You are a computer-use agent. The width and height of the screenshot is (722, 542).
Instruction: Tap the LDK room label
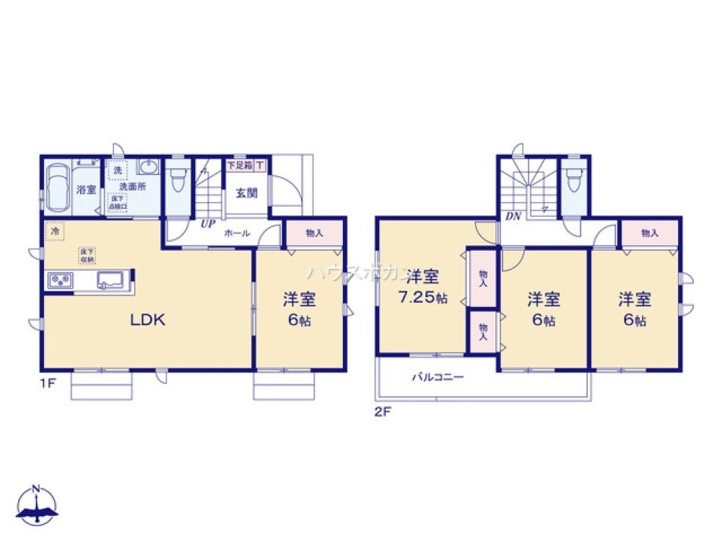(148, 320)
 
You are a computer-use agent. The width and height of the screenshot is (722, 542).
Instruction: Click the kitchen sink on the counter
(111, 279)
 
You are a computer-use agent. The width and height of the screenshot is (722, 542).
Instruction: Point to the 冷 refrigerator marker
(54, 232)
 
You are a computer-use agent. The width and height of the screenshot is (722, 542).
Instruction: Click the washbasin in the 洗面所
(148, 168)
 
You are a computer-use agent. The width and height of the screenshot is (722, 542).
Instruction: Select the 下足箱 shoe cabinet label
(239, 165)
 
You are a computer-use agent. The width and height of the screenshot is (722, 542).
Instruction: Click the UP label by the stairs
(208, 224)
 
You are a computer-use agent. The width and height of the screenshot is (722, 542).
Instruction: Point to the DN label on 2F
(513, 216)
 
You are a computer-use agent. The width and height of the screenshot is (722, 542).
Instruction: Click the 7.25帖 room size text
(422, 297)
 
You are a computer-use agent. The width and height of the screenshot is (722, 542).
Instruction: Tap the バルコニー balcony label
(438, 377)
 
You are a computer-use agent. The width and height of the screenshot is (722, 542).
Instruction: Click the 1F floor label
(48, 384)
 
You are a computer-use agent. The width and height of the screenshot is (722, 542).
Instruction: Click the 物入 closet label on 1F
(314, 233)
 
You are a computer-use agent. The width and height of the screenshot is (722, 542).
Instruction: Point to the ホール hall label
(237, 233)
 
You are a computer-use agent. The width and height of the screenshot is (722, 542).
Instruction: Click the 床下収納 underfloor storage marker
(87, 254)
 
